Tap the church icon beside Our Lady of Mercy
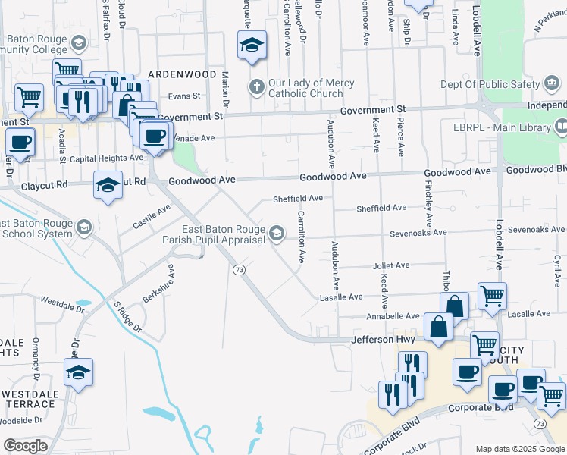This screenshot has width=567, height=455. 256,88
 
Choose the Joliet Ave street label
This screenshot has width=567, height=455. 391,265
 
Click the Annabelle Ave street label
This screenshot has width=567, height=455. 393,315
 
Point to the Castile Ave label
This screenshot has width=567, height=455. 152,217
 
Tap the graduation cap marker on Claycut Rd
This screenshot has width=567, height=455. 108,184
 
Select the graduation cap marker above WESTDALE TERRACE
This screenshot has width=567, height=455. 78,373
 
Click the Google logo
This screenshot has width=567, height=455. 26,446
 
